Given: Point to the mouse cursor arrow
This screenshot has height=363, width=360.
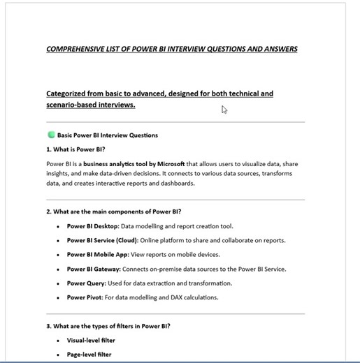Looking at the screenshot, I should pyautogui.click(x=224, y=110).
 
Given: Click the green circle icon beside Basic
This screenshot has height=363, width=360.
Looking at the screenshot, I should pyautogui.click(x=51, y=135).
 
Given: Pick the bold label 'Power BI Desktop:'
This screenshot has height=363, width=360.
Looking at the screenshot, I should pyautogui.click(x=93, y=226).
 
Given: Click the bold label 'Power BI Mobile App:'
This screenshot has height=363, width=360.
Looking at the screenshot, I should pyautogui.click(x=98, y=255).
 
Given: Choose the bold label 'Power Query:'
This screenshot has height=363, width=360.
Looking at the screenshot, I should pyautogui.click(x=86, y=283).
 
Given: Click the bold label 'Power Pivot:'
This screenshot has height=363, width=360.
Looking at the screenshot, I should pyautogui.click(x=84, y=297).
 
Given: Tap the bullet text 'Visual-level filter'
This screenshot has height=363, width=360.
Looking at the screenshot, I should pyautogui.click(x=91, y=341).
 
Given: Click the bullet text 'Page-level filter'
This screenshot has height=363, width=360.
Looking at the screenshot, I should pyautogui.click(x=89, y=355).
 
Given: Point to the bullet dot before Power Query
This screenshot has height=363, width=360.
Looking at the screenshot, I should pyautogui.click(x=57, y=283).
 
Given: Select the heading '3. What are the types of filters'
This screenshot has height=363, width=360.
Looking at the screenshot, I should pyautogui.click(x=108, y=326).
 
